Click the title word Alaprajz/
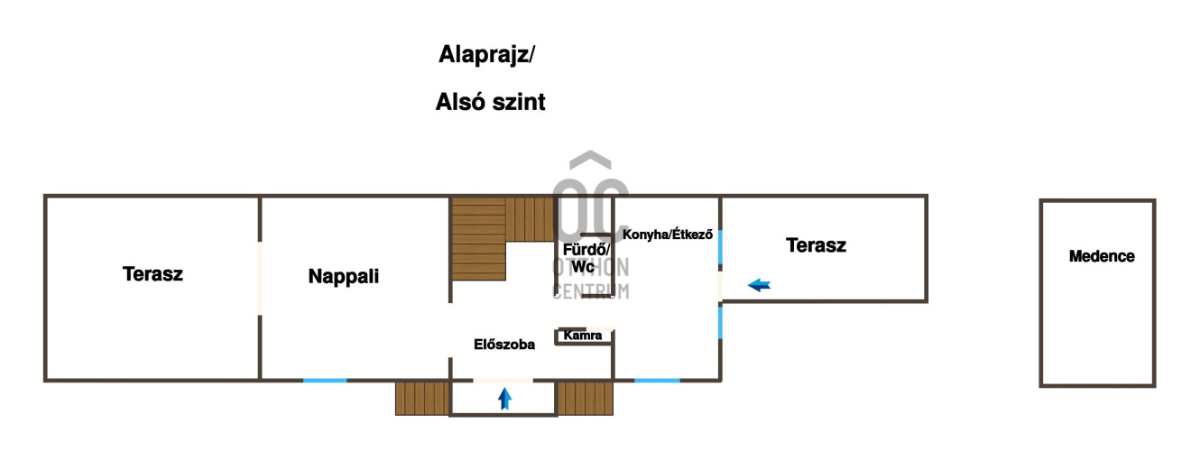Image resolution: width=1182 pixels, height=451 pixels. coord(486,55)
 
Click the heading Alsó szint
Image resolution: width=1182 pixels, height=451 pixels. coord(490,102)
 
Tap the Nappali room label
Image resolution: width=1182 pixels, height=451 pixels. coord(343,277)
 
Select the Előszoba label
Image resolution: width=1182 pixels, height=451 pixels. coord(504,344)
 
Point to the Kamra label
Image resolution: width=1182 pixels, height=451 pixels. coord(582,336)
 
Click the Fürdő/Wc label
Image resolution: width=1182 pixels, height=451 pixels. coord(586,258)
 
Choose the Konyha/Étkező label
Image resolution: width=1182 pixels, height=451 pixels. coord(668,235)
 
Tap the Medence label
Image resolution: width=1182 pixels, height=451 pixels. coord(1102,256)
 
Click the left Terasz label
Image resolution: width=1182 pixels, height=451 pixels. coord(152,274)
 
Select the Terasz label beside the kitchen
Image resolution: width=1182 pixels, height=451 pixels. coord(816,244)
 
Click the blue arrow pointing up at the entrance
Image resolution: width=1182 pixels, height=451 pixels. coord(504,399)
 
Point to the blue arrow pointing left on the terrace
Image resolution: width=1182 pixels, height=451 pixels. coord(760,286)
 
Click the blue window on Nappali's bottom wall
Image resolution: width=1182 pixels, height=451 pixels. coord(325,380)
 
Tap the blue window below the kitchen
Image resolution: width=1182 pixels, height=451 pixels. coord(657,380)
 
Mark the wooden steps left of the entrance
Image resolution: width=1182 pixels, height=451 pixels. coord(421,398)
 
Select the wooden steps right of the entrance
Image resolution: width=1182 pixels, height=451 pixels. coord(585,398)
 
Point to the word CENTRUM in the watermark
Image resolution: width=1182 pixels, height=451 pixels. coord(590,291)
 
